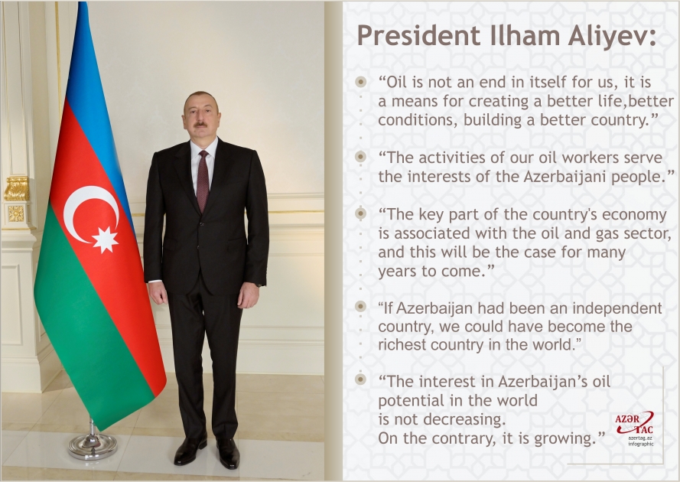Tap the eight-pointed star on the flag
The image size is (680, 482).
106,239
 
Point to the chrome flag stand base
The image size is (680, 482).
93,445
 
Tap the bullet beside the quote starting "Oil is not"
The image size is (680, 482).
360,81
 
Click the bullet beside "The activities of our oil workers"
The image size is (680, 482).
360,156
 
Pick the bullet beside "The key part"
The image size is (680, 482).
360,213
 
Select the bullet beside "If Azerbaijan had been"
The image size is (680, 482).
360,307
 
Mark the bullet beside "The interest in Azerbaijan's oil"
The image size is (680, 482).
360,379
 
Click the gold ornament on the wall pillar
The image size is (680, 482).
16,188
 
